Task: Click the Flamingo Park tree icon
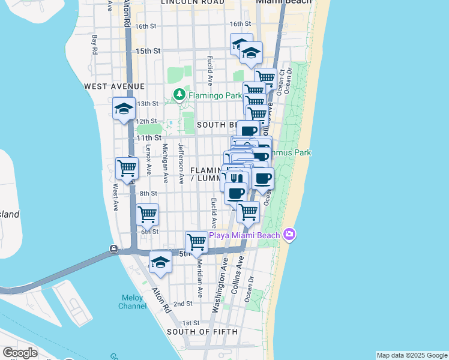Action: pos(179,95)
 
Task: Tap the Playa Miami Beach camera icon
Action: pos(289,234)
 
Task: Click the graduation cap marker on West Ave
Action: pos(124,109)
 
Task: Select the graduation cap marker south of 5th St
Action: pos(160,263)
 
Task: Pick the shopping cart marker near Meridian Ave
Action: pos(196,242)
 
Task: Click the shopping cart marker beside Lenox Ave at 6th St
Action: pos(147,214)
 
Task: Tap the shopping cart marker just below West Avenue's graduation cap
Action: pos(127,168)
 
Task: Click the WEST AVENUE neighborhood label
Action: pos(109,86)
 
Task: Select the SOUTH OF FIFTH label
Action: pos(202,331)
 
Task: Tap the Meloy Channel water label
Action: pos(133,302)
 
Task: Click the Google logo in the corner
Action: pos(20,353)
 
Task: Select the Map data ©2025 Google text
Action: pos(411,355)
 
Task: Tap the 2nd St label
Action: pos(182,304)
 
